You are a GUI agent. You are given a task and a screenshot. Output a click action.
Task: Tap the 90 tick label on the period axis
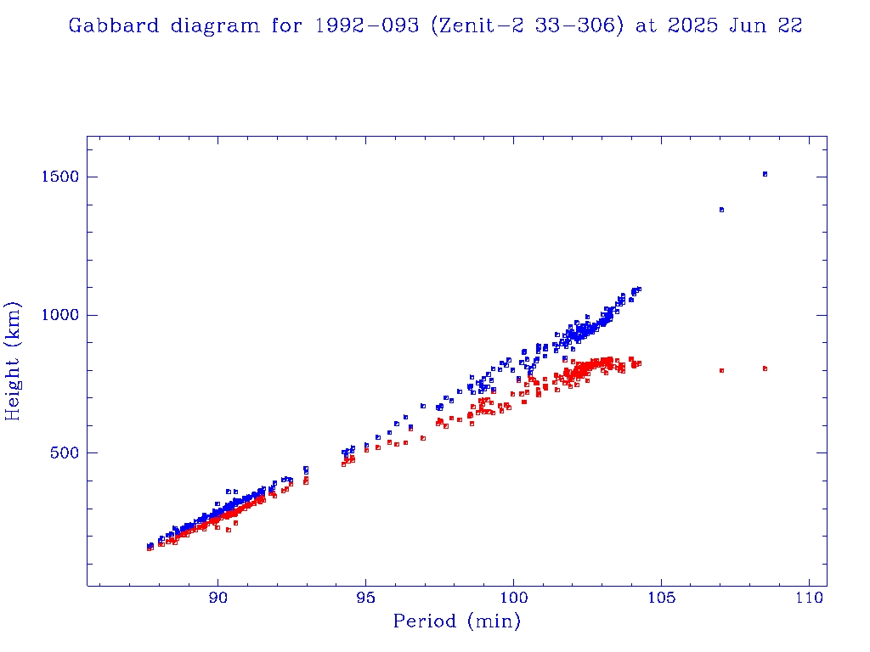click(218, 598)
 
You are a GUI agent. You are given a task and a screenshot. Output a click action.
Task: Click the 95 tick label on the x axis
click(366, 598)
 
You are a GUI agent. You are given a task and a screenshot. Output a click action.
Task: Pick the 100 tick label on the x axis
click(513, 598)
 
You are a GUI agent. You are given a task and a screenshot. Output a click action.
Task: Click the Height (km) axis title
click(14, 361)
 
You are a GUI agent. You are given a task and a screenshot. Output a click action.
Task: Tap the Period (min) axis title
click(456, 622)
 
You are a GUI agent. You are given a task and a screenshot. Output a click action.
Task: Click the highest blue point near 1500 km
click(765, 174)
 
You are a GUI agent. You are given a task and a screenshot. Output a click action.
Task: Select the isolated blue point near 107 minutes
click(721, 210)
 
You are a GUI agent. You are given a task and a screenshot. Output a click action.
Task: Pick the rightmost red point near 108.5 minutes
click(765, 368)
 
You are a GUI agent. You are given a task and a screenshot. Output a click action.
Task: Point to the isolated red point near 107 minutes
click(721, 370)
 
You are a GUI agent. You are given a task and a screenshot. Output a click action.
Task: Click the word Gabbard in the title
click(113, 25)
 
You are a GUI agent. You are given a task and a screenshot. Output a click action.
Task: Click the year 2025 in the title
click(693, 25)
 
